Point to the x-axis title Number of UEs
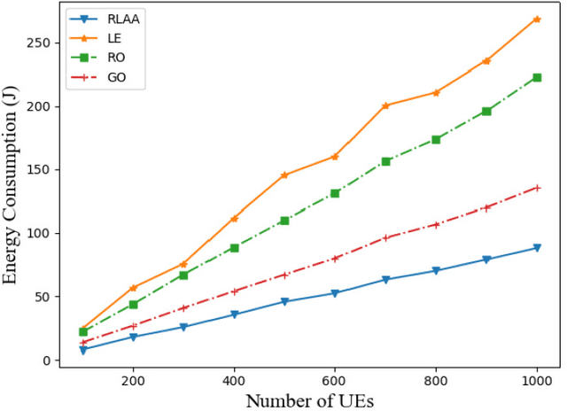click(x=309, y=399)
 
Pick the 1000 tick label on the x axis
click(x=536, y=379)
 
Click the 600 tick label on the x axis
click(x=335, y=379)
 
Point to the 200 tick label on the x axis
click(x=133, y=379)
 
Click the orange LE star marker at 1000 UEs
click(x=536, y=19)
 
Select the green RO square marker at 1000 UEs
click(x=536, y=78)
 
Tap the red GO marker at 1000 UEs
click(x=536, y=188)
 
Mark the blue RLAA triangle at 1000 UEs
click(x=536, y=248)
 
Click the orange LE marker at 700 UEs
click(x=385, y=105)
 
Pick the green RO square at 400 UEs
click(x=234, y=248)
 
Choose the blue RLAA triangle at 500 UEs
click(x=284, y=302)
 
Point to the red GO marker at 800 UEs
click(x=436, y=225)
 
